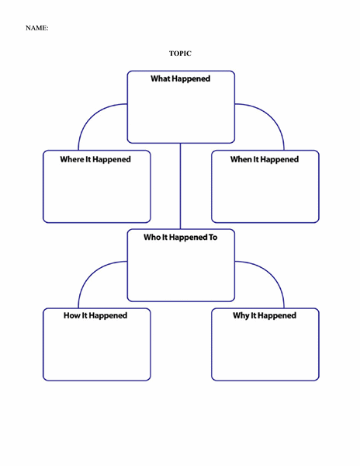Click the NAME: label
click(36, 28)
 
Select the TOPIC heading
click(180, 54)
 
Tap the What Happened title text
click(181, 79)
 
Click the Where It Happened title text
click(95, 159)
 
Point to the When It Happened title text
click(265, 159)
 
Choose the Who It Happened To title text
click(181, 238)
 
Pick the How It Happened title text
click(95, 315)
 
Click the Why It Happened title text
click(265, 315)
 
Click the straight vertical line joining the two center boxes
click(180, 186)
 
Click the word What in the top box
click(161, 78)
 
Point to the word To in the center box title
click(213, 237)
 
